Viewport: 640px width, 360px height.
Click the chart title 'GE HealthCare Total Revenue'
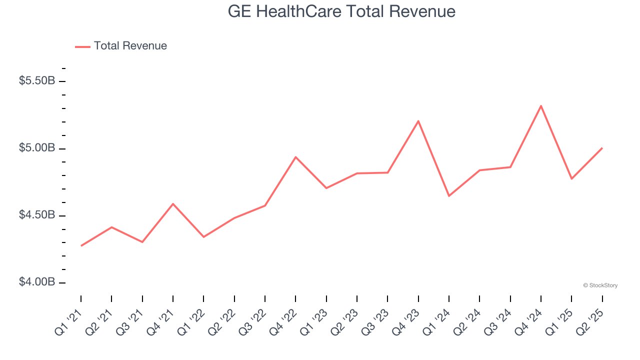coord(341,11)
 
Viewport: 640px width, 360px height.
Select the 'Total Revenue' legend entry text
coord(130,46)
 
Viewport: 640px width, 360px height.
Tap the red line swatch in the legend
coord(82,46)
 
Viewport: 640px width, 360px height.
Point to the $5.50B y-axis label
coord(37,81)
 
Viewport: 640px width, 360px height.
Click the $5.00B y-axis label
coord(37,148)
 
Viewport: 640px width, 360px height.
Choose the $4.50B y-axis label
coord(37,215)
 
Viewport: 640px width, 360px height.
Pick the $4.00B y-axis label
coord(37,282)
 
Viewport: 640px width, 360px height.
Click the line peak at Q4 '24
coord(541,106)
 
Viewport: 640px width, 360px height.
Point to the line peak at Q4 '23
coord(418,121)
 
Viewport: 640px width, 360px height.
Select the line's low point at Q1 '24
coord(449,195)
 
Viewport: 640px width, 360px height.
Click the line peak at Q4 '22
coord(295,157)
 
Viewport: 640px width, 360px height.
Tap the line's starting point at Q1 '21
coord(81,245)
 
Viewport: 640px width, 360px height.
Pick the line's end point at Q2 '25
coord(602,148)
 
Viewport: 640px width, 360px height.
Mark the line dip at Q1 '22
coord(203,237)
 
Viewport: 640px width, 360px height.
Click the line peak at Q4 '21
coord(173,203)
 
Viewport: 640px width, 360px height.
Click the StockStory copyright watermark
coord(600,285)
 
